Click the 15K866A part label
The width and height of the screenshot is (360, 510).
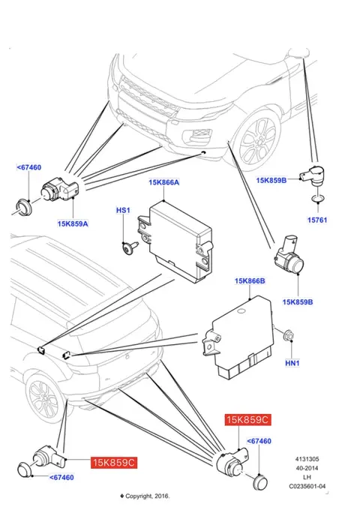click(164, 182)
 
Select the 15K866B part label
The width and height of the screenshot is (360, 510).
click(250, 280)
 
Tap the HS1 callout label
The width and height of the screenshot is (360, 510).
click(123, 210)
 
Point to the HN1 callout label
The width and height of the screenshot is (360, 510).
click(292, 363)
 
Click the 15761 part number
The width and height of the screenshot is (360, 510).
click(317, 220)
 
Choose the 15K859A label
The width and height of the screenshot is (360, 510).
click(73, 223)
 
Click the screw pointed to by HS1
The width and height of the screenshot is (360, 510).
click(129, 247)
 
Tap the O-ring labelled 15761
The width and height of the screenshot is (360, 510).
click(317, 198)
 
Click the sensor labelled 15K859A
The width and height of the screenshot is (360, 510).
click(58, 190)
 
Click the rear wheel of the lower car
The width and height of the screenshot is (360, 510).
click(43, 397)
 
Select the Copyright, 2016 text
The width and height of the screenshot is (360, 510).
click(145, 496)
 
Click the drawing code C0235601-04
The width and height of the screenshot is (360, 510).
click(307, 486)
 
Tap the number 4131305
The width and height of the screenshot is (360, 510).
click(307, 459)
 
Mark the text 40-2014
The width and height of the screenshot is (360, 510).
click(307, 468)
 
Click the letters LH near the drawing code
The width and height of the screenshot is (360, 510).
click(307, 477)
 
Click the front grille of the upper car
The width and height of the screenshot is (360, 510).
click(147, 96)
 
